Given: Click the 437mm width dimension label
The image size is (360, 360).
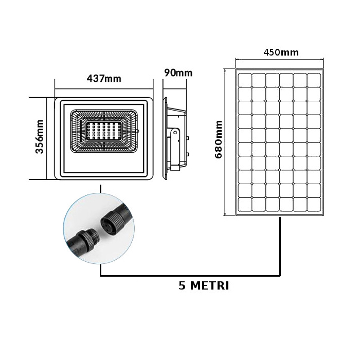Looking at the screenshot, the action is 104,79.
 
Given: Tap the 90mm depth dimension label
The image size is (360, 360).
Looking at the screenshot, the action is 178,73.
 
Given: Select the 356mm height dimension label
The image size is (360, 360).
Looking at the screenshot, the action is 40,137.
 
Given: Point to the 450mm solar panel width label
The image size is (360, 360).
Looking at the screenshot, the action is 281,52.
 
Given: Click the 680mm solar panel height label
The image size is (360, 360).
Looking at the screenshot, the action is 219,139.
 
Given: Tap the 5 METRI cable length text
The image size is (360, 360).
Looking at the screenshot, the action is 204,286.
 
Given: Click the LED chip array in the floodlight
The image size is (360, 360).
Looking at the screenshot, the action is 103,131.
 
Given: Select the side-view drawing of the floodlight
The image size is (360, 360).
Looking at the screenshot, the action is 176,138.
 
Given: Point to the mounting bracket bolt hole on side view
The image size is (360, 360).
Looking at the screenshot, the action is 175,133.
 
